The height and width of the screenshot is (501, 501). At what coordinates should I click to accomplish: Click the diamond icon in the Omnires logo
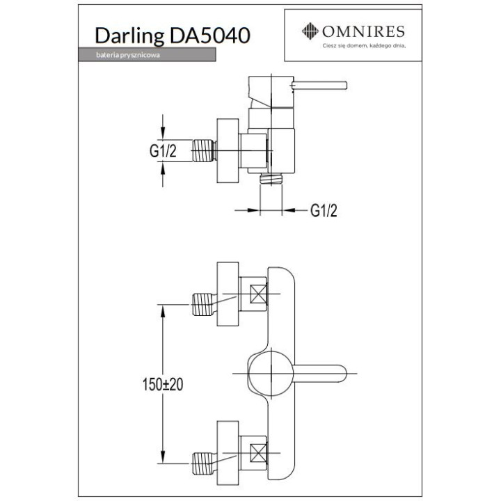(309, 31)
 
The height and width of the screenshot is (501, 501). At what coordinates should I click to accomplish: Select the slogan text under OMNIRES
(363, 46)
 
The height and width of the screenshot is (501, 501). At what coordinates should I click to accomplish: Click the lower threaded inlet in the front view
(202, 459)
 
